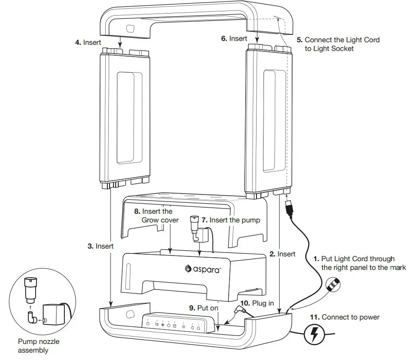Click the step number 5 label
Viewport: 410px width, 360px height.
(300, 40)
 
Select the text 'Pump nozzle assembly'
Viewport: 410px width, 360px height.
(39, 346)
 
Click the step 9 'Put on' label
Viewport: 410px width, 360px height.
(203, 307)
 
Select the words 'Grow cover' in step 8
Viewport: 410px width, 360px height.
(160, 220)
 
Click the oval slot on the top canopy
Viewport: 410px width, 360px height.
(130, 30)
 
